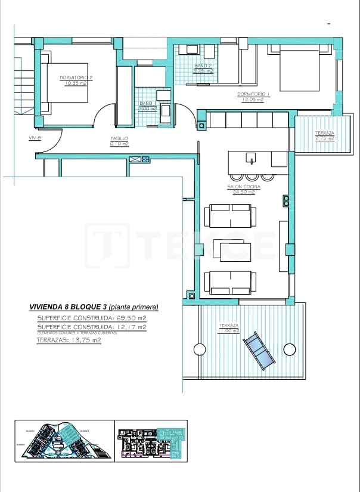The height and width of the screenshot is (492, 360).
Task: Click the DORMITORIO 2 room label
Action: [75, 78]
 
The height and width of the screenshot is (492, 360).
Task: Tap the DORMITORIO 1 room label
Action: [254, 94]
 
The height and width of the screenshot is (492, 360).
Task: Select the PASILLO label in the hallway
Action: [119, 138]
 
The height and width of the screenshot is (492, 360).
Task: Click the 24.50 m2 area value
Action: [243, 192]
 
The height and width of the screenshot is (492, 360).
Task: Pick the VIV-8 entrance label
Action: [35, 138]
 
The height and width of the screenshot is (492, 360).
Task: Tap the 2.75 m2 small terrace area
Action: [325, 138]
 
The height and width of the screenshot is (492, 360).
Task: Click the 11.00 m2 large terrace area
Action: [228, 330]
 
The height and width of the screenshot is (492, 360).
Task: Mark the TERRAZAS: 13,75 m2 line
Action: [69, 340]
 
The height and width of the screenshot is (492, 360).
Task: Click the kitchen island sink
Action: [252, 158]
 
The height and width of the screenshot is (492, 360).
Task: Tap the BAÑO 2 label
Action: [203, 66]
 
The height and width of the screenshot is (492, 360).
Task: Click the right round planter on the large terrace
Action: [290, 349]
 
